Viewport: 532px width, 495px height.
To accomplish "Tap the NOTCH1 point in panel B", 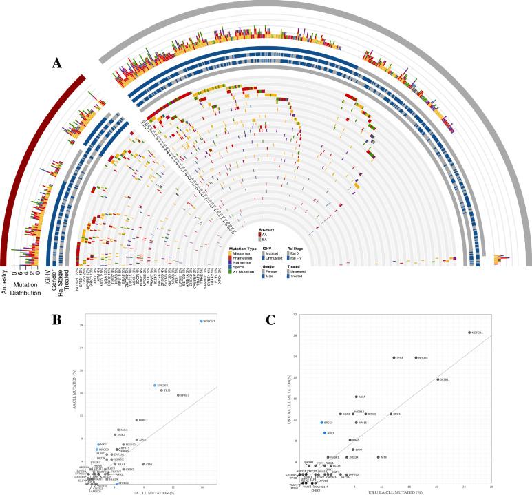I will point(201,322).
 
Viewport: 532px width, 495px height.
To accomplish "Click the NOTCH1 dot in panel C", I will point(469,333).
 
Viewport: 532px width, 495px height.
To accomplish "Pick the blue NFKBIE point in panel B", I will point(155,386).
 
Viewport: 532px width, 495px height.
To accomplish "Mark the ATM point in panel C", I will point(378,456).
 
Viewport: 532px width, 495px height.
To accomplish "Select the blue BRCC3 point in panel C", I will point(321,422).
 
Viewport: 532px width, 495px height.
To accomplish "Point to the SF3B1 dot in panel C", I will point(438,379).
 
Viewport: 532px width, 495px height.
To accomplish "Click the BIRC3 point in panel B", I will point(136,420).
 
